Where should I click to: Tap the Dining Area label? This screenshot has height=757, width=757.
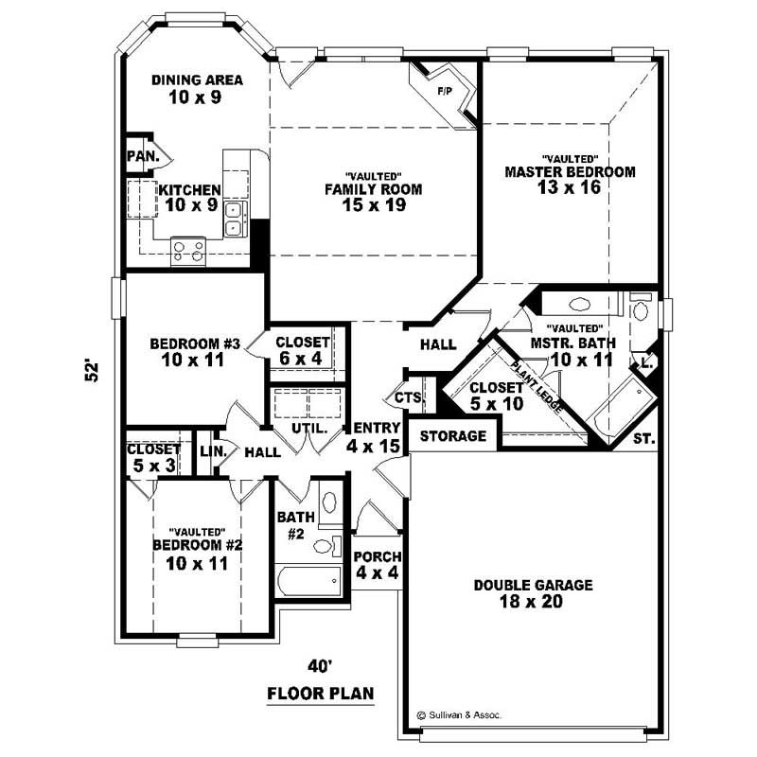click(x=198, y=79)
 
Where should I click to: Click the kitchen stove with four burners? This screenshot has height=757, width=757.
click(x=187, y=250)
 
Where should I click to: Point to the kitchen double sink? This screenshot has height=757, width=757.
click(x=235, y=218)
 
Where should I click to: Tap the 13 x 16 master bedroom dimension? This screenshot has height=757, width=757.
click(x=569, y=187)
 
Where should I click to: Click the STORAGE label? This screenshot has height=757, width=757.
click(x=452, y=436)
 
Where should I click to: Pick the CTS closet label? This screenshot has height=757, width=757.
click(x=407, y=397)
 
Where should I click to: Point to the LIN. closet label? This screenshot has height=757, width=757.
click(x=212, y=452)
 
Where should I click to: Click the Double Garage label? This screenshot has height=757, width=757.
click(x=534, y=586)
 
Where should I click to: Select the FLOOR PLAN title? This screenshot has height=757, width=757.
click(x=321, y=694)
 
